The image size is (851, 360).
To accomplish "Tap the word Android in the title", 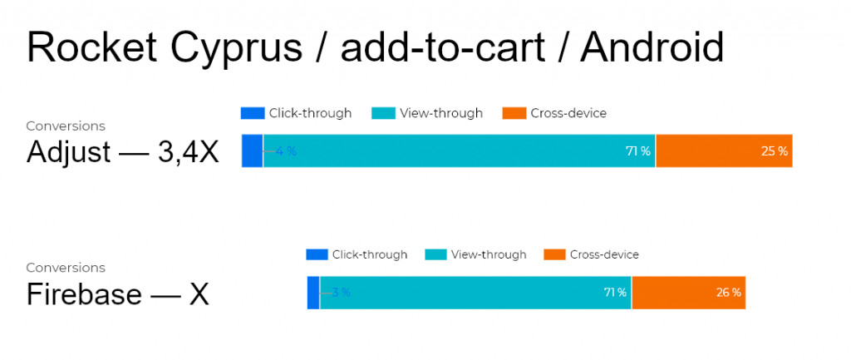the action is point(652,47).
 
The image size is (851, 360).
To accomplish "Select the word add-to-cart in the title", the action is point(442,47).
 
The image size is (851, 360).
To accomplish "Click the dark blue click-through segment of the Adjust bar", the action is point(253,151).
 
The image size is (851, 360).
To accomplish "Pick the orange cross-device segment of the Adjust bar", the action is point(724,151).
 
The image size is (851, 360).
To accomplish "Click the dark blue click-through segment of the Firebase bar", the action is point(313,293).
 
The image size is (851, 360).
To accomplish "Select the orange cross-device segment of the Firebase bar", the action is point(689,293).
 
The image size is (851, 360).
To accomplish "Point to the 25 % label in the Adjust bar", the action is point(775,151).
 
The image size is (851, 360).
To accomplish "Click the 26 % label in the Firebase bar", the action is point(728,293).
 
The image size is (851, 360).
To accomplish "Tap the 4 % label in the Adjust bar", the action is point(286,151).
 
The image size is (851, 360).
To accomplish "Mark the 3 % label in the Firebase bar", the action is point(342,293).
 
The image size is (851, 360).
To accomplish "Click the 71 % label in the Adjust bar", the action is point(638,151).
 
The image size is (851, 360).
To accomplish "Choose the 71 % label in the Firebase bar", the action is point(616,293).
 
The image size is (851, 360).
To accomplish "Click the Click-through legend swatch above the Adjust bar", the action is point(253,113).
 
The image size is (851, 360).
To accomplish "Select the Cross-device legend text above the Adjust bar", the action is point(568,113).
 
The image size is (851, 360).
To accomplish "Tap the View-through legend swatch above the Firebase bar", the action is point(435,254).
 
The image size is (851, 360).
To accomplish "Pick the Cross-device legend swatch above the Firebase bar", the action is point(554,254).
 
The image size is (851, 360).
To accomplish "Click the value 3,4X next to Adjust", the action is point(189,153).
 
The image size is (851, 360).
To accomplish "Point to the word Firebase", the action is point(84,295).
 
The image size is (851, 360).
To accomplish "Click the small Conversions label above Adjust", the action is point(66,126).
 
